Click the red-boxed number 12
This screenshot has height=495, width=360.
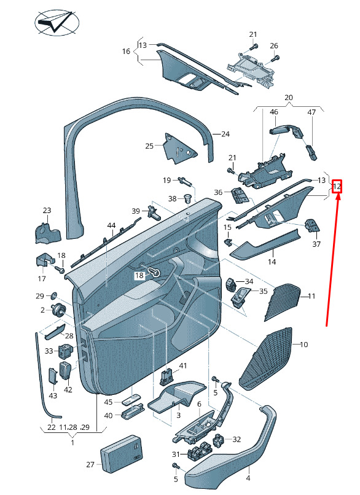[x=337, y=186]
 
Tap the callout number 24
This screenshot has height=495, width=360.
[x=225, y=134]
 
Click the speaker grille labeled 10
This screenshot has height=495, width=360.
[x=266, y=359]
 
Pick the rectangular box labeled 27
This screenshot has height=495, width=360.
[x=121, y=453]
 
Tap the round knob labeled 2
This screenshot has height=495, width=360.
[x=59, y=310]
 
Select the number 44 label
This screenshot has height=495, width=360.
[x=111, y=226]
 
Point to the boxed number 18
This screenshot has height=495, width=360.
[x=139, y=276]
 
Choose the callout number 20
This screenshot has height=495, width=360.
[x=289, y=98]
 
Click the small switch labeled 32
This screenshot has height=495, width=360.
[x=219, y=440]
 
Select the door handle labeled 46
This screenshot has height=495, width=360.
[x=286, y=130]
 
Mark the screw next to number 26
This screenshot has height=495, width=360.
[x=275, y=58]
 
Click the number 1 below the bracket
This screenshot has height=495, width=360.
[x=72, y=443]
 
